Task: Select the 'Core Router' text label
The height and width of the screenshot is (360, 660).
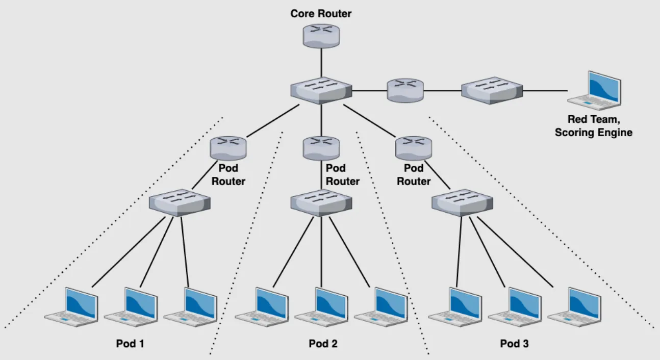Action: coord(321,14)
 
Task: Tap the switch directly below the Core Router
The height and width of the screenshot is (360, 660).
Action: coord(321,90)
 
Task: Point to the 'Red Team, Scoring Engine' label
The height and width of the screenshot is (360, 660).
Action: coord(593,126)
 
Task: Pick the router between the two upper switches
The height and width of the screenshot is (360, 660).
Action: coord(405,90)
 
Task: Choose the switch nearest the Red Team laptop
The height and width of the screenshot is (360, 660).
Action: coord(492,90)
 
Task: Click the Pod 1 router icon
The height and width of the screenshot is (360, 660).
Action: coord(228,148)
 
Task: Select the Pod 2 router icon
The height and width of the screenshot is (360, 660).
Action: coord(321,148)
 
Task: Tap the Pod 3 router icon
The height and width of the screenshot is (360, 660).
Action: coord(414,148)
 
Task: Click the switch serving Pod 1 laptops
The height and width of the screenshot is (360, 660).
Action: coord(180,203)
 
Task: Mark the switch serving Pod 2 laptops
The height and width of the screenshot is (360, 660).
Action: coord(321,203)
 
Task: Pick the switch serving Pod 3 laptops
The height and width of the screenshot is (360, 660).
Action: coord(462,203)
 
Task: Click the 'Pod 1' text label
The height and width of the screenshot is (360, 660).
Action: coord(130,344)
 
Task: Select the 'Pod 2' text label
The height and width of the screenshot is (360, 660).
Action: coord(323,344)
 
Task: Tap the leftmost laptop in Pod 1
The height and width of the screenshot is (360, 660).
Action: coord(72,306)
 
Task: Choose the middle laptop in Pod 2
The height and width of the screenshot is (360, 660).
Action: coord(321,306)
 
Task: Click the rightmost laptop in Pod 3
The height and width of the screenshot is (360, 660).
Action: coord(575,306)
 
